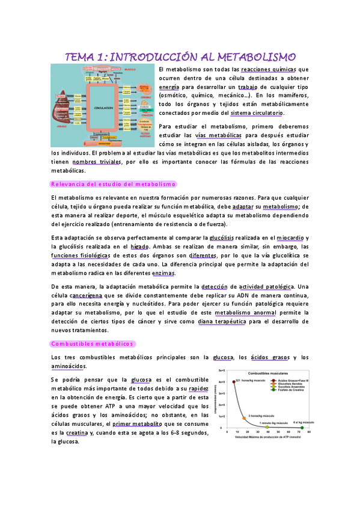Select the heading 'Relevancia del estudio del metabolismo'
112,183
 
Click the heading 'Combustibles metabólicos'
93,343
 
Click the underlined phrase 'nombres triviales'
94,162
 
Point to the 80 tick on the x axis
308,432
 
